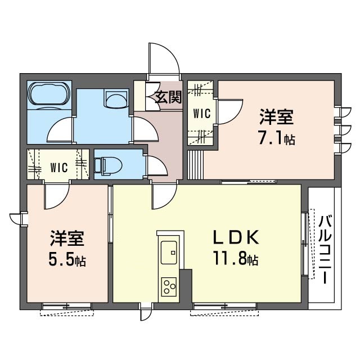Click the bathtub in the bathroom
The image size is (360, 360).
[49, 95]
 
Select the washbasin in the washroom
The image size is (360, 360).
[116, 98]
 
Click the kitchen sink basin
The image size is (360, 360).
[169, 253]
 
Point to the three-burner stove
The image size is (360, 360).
[169, 286]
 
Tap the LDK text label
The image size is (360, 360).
[236, 237]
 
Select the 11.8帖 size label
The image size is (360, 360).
[236, 258]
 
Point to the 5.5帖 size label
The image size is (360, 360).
[67, 260]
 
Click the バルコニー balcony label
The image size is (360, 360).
[325, 250]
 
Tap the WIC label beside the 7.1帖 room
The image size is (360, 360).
[202, 114]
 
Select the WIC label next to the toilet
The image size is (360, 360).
[59, 168]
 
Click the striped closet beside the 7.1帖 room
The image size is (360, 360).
[195, 165]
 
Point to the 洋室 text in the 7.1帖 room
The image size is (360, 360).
[276, 117]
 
